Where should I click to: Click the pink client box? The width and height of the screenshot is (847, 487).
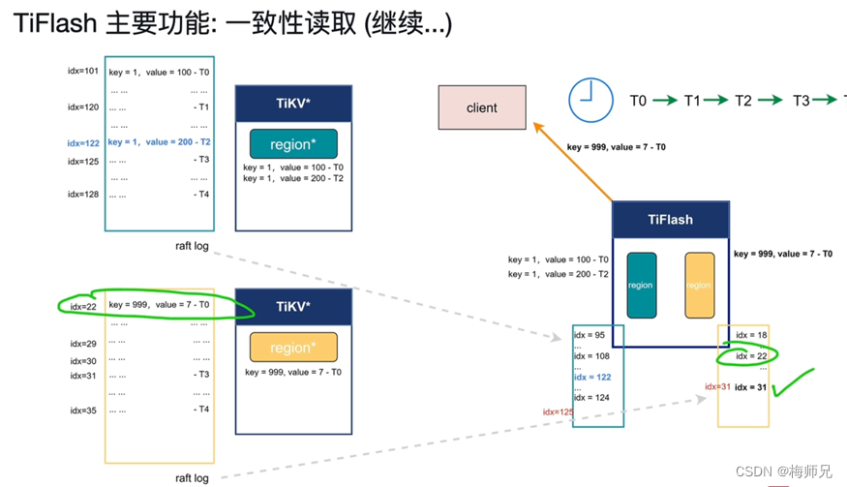click(x=482, y=107)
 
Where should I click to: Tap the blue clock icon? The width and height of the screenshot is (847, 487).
click(x=590, y=100)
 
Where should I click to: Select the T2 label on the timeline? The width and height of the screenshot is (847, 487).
click(x=743, y=101)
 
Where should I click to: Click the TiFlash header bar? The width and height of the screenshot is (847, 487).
click(x=670, y=220)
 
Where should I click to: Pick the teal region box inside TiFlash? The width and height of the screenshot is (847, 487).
click(x=641, y=286)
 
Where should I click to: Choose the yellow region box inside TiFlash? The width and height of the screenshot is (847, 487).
click(x=699, y=286)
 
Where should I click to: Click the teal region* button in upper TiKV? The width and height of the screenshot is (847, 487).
click(x=293, y=144)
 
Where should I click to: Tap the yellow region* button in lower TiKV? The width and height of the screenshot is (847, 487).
click(x=293, y=348)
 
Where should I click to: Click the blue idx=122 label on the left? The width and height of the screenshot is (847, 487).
click(x=83, y=143)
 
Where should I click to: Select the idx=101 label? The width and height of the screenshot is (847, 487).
click(x=83, y=71)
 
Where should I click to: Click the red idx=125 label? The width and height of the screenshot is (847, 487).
click(x=558, y=412)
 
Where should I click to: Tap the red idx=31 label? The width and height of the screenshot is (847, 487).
click(x=717, y=387)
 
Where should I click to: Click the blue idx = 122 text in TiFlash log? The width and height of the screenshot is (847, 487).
click(x=592, y=378)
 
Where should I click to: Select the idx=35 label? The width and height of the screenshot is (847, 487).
click(x=83, y=411)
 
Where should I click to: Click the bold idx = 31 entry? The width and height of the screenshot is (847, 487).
click(x=752, y=387)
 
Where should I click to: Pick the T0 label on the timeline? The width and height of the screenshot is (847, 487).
click(x=638, y=101)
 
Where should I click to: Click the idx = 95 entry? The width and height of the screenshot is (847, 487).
click(x=589, y=336)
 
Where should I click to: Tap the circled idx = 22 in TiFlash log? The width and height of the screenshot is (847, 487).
click(x=751, y=356)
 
